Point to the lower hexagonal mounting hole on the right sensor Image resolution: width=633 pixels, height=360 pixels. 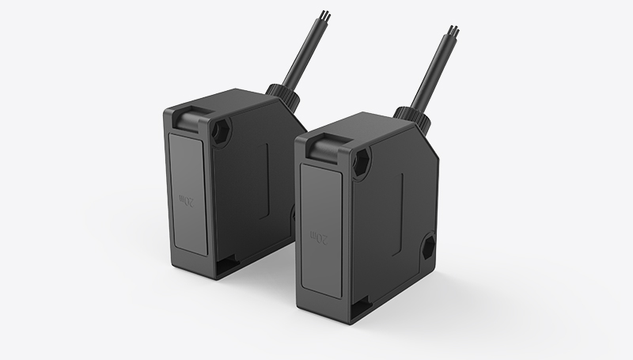click(x=427, y=245)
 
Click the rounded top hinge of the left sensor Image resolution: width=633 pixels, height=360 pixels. click(x=187, y=119)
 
